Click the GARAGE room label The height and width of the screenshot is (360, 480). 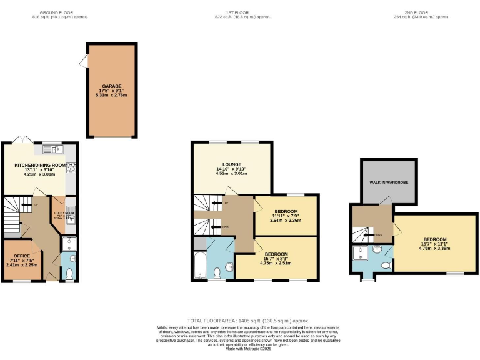[x=112, y=86]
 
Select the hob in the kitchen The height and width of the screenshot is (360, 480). [x=71, y=166]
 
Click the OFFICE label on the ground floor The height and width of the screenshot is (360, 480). [x=22, y=256]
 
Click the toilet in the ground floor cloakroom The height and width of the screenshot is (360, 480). [x=69, y=273]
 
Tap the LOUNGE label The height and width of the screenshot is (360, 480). [x=232, y=164]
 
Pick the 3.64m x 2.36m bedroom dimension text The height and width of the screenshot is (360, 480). [x=286, y=220]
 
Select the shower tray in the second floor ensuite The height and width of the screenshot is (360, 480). [x=361, y=252]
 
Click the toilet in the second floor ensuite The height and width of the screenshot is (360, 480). [x=386, y=266]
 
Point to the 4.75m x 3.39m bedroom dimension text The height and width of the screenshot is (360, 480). [x=435, y=248]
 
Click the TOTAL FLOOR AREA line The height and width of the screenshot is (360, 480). [x=241, y=320]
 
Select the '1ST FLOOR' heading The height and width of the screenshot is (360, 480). [x=241, y=12]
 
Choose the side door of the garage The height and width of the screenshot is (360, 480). [x=83, y=60]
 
